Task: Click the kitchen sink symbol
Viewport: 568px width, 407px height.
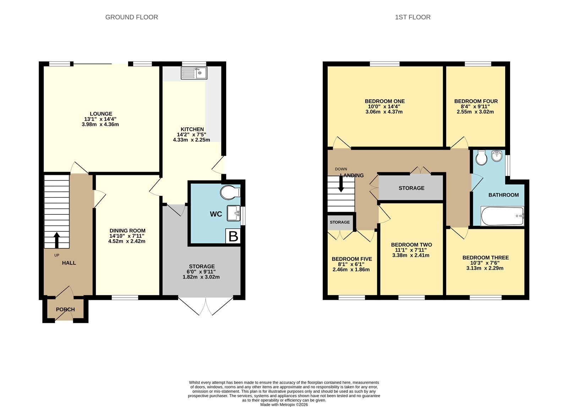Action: point(194,73)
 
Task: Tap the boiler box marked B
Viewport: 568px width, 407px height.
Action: point(233,236)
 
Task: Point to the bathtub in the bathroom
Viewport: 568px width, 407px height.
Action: point(502,216)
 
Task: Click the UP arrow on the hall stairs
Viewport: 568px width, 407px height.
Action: point(56,240)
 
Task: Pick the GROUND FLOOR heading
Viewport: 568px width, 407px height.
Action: point(132,17)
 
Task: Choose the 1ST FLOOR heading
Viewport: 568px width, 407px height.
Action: point(413,17)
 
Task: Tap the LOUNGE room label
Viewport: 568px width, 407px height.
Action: point(101,114)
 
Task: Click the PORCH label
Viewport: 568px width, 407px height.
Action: point(65,309)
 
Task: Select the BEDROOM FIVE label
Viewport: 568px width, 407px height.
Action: point(352,259)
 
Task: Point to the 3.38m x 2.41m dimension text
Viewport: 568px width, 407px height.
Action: point(411,255)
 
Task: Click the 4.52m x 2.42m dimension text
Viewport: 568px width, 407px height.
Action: point(127,241)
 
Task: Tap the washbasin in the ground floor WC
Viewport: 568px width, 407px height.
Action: point(233,213)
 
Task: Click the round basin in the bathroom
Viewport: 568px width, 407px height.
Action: point(497,156)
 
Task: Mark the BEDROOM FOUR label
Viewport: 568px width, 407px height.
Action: point(476,101)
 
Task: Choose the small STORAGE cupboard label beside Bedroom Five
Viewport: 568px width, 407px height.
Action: point(340,222)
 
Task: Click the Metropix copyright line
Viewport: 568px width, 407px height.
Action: point(284,405)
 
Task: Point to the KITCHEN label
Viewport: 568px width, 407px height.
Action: point(192,129)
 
